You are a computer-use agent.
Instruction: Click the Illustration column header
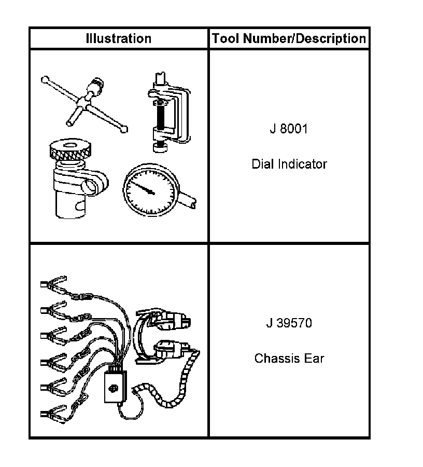(x=118, y=38)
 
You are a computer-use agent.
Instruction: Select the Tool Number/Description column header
(x=289, y=38)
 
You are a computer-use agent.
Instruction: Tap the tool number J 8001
(x=289, y=129)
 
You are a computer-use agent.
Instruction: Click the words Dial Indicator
(x=289, y=164)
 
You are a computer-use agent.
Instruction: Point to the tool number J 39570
(x=289, y=323)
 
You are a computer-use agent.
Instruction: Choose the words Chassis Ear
(x=289, y=358)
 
